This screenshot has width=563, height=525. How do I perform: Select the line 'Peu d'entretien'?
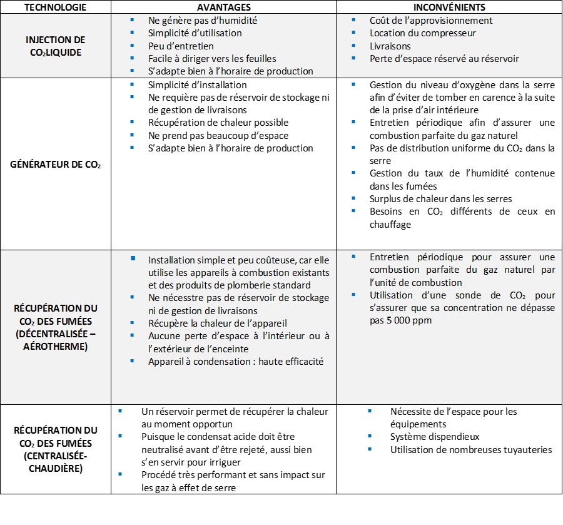pyautogui.click(x=181, y=46)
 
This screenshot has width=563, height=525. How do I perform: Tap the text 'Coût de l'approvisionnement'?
pyautogui.click(x=431, y=20)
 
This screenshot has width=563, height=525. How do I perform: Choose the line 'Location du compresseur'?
pyautogui.click(x=422, y=33)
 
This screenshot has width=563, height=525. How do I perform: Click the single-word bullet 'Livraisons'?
pyautogui.click(x=390, y=46)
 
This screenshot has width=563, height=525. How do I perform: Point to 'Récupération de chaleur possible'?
pyautogui.click(x=218, y=123)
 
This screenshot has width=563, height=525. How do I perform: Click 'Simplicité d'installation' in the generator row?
pyautogui.click(x=197, y=84)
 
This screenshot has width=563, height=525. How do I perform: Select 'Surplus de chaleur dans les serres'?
pyautogui.click(x=440, y=199)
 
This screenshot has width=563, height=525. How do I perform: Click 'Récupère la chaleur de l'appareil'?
pyautogui.click(x=217, y=323)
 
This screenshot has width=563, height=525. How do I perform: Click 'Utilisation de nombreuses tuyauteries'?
pyautogui.click(x=471, y=449)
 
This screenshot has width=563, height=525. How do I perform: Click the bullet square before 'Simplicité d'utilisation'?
pyautogui.click(x=132, y=32)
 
